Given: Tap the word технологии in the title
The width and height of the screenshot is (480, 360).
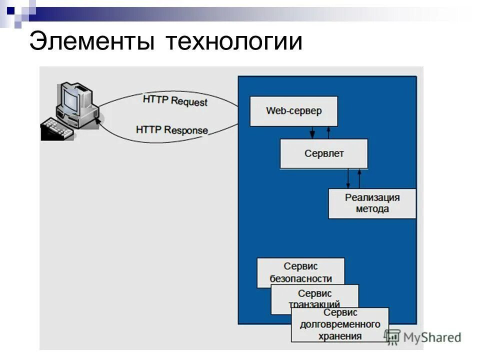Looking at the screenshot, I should coord(234,41).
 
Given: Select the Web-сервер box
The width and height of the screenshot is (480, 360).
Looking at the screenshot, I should coord(293,111).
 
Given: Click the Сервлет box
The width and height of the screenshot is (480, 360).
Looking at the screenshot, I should coord(323,153).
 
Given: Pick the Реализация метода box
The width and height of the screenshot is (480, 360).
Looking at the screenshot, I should coord(372,203).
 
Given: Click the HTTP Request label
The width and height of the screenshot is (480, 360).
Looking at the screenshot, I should coord(174,100).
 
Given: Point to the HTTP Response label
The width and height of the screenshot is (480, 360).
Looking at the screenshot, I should coord(171,129).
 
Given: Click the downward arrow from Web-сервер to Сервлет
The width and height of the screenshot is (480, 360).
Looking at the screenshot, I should coord(312,132).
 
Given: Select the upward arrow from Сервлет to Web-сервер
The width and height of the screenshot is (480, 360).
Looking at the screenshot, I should coord(328,132).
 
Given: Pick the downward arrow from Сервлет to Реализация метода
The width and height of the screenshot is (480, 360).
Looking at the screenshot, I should coord(348,178).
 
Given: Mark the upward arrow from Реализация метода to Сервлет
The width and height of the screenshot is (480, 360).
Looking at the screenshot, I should coord(359,178).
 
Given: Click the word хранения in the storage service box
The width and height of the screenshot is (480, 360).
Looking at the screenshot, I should coord(340,336).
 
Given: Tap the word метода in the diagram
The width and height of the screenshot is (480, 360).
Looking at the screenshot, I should coord(372,209).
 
